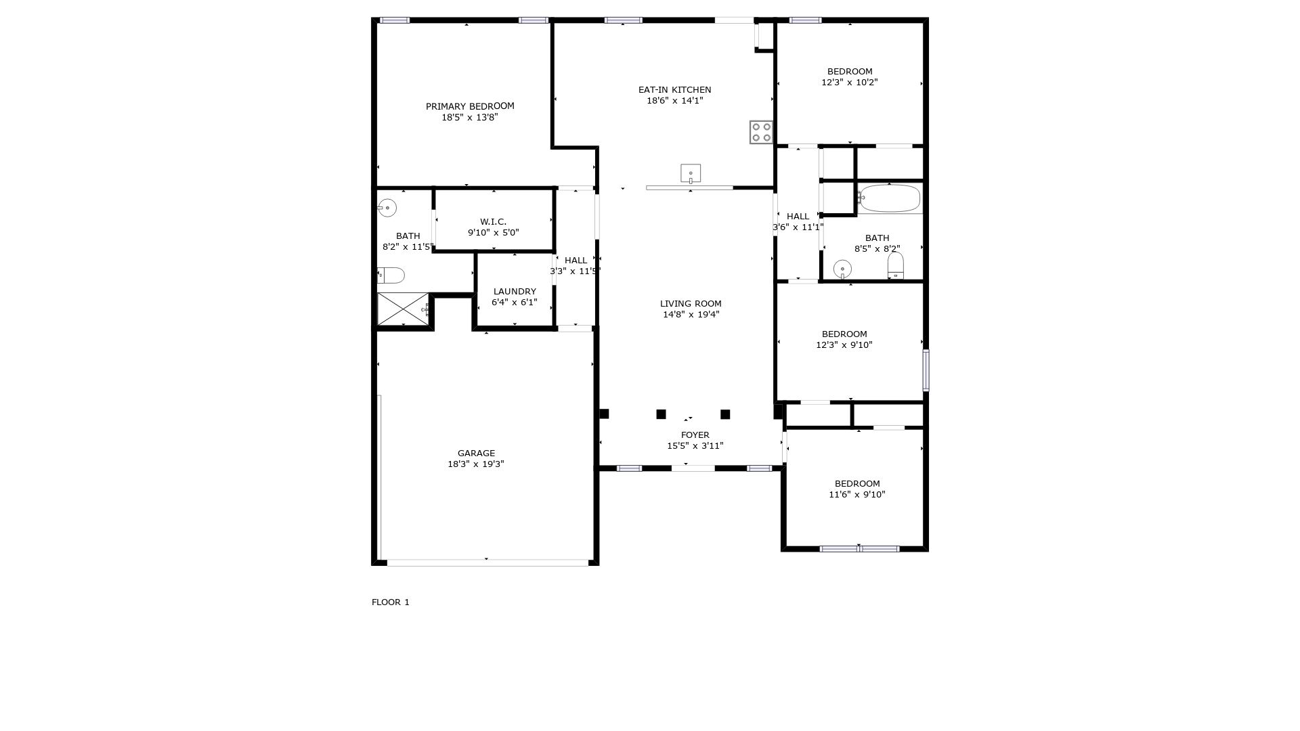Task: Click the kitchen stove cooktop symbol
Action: tap(761, 132)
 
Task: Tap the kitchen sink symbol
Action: tap(691, 173)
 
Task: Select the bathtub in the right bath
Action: tap(889, 198)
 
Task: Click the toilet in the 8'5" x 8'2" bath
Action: tap(895, 266)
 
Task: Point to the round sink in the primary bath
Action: tap(387, 208)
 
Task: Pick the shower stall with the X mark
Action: tap(403, 309)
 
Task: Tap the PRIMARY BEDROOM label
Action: tap(470, 106)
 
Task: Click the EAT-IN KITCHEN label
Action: tap(675, 90)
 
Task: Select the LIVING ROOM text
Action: tap(691, 304)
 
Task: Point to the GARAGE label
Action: tap(476, 453)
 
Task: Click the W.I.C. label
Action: tap(493, 222)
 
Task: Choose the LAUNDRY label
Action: tap(515, 292)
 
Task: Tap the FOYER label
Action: tap(695, 435)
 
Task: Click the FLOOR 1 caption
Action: tap(391, 602)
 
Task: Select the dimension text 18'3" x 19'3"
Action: tap(476, 464)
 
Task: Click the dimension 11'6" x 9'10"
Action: tap(857, 495)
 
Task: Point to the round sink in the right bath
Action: tap(842, 269)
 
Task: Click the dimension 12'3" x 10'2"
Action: tap(850, 83)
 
